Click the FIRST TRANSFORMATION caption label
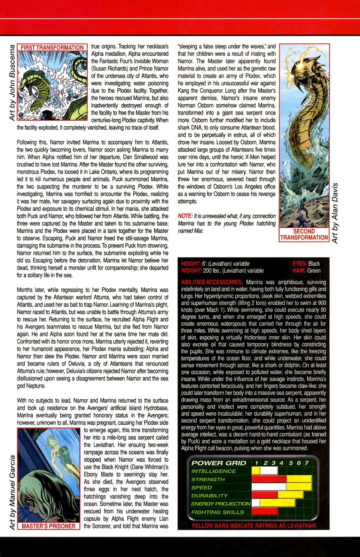52,48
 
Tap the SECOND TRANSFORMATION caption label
304,234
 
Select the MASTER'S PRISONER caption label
48,526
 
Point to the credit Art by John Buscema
12,82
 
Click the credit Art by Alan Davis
335,213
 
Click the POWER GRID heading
219,463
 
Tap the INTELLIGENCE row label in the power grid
213,471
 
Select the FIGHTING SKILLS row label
217,512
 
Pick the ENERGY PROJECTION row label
221,504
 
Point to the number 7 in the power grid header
307,463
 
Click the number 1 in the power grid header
257,463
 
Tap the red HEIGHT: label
190,264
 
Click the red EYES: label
299,264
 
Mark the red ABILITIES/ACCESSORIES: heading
212,282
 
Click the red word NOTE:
185,216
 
